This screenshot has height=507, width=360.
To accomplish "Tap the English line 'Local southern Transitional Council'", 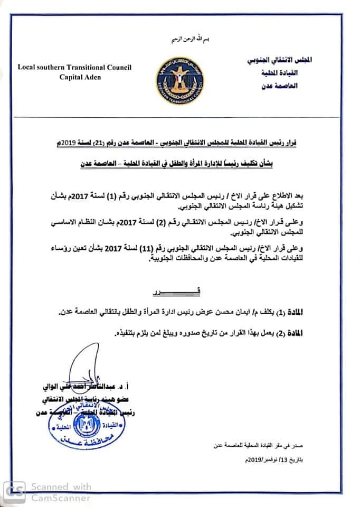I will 74,67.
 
